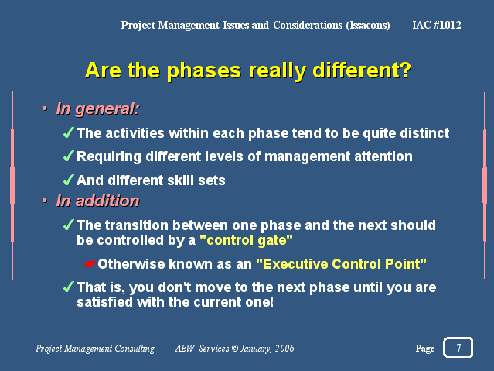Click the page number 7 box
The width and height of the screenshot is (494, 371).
(458, 347)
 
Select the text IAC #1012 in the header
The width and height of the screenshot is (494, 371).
(437, 25)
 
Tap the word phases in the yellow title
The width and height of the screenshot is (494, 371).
(204, 70)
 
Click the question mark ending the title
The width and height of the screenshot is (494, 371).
(405, 70)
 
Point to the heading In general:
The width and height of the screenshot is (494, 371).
(97, 109)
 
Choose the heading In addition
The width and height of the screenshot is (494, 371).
(97, 201)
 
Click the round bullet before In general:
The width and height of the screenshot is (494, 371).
(45, 109)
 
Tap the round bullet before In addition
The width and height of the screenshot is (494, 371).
(45, 201)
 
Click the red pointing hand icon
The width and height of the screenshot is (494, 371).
(90, 264)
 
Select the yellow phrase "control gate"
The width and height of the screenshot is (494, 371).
(246, 240)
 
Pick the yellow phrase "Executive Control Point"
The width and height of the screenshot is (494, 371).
(341, 264)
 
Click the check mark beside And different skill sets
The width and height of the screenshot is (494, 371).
(69, 180)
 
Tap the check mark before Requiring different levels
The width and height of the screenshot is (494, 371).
(69, 156)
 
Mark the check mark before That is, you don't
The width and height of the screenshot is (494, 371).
(69, 287)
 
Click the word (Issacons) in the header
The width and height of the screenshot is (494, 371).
(368, 25)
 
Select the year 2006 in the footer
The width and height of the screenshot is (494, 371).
(284, 349)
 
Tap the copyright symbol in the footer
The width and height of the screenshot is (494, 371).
(235, 349)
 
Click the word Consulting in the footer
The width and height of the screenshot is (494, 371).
(135, 349)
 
